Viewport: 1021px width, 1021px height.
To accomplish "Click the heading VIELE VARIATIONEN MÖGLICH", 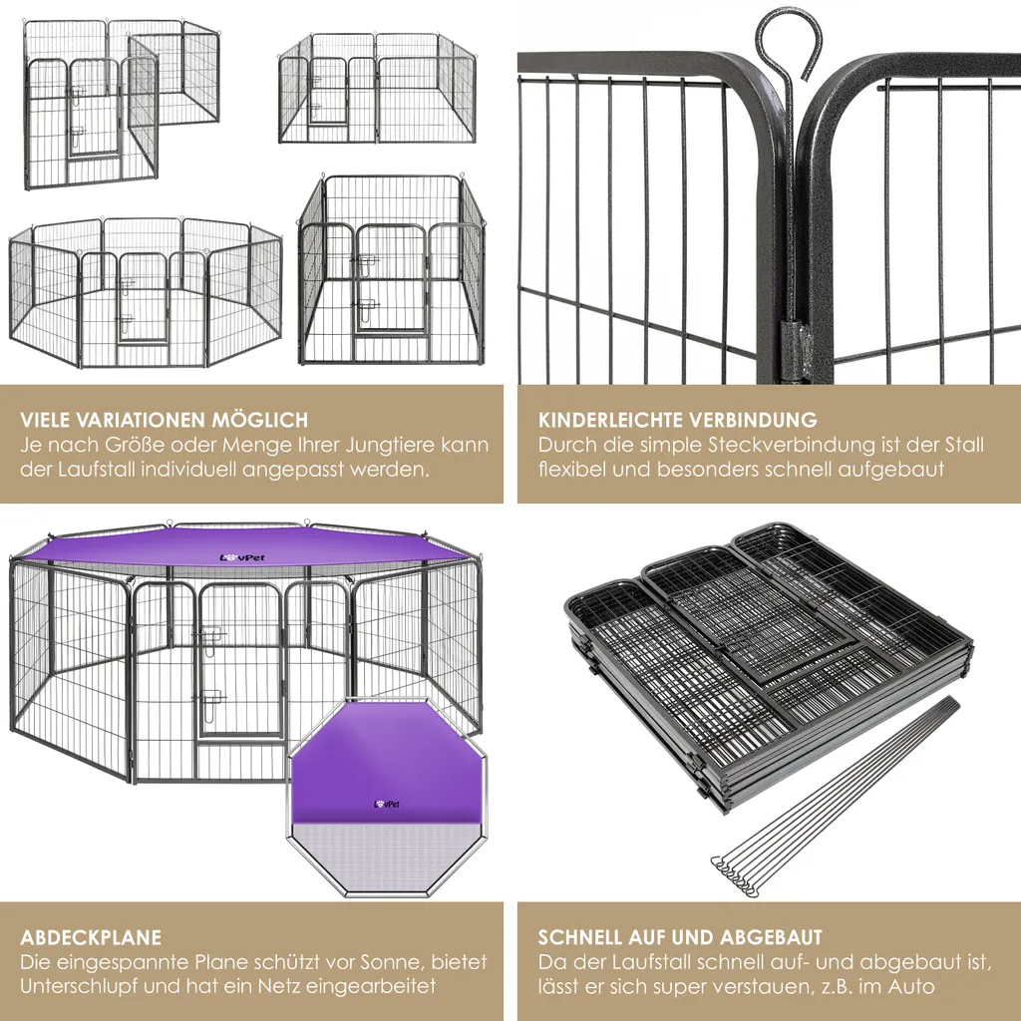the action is pos(165,420).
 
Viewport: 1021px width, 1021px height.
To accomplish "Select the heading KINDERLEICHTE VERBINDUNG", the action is pos(678,420).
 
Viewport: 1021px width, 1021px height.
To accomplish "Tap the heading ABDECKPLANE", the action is pos(91,937).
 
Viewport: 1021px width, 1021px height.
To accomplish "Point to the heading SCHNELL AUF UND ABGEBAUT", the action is pos(680,937).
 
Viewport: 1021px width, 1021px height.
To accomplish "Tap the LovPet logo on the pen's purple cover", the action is pos(242,557).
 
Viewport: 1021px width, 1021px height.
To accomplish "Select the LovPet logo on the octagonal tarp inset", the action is pos(387,805).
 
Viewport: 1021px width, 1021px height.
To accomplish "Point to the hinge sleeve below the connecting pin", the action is pos(792,341).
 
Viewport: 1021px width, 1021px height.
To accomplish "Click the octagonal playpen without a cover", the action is pos(146,292).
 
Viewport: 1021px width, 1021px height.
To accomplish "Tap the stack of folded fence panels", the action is pos(769,664).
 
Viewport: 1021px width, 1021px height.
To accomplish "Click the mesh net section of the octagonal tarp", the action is pos(387,857).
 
